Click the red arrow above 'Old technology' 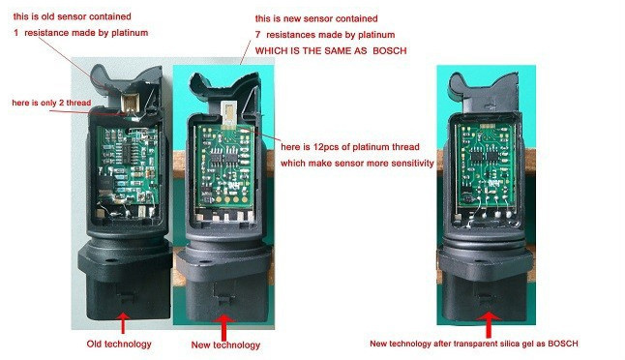tap(123, 323)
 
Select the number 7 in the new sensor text tap(257, 35)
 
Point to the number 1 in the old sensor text tap(15, 33)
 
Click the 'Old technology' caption tap(119, 344)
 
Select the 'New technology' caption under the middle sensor tap(225, 345)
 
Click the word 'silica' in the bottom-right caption tap(512, 344)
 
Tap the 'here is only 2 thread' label tap(51, 103)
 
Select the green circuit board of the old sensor tap(127, 165)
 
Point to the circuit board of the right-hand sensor tap(485, 165)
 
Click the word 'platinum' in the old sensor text tap(130, 33)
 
